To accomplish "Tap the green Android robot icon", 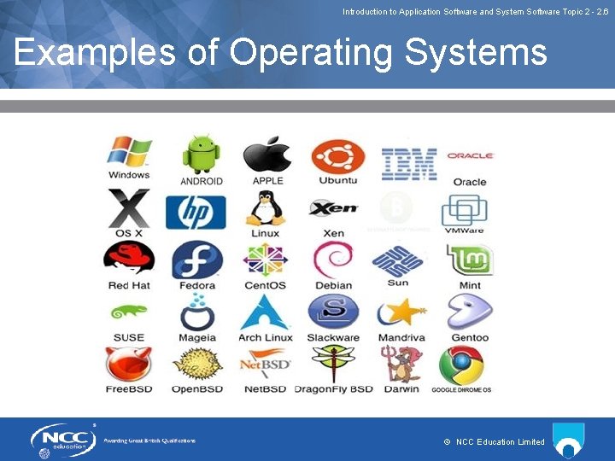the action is [201, 154].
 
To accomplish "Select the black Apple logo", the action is [266, 155].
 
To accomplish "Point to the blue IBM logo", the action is [408, 163].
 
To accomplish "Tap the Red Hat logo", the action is [129, 259].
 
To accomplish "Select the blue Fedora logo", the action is [197, 260].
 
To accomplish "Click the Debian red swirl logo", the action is [332, 260].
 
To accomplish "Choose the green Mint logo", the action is [470, 260].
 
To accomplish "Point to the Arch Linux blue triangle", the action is [265, 312].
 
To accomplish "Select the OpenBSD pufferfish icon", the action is [197, 364].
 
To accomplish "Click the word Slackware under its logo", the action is [333, 337].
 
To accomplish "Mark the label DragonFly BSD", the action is [334, 389].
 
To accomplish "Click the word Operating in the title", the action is [313, 53].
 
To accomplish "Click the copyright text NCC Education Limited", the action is [500, 441].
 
